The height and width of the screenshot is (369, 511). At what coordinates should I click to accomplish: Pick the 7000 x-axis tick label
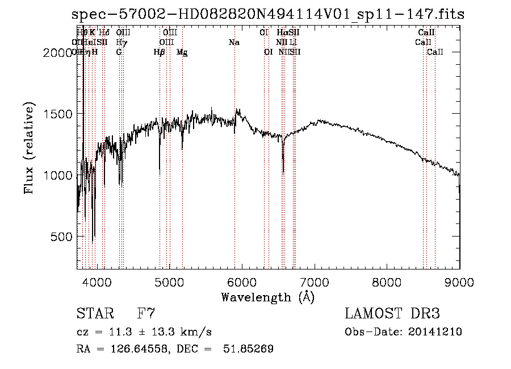315,281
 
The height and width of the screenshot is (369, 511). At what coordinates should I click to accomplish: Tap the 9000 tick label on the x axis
459,281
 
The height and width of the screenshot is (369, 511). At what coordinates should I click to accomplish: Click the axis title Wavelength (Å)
268,296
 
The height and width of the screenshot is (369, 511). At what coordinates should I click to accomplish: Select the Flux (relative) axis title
29,148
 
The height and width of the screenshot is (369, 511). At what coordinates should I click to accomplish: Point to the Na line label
234,43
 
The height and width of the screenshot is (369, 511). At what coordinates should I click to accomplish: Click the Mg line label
182,52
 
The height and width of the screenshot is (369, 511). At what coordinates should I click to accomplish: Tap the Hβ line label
160,52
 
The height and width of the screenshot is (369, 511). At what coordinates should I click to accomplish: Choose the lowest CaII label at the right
435,52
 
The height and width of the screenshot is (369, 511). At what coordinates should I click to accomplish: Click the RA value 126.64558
131,349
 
